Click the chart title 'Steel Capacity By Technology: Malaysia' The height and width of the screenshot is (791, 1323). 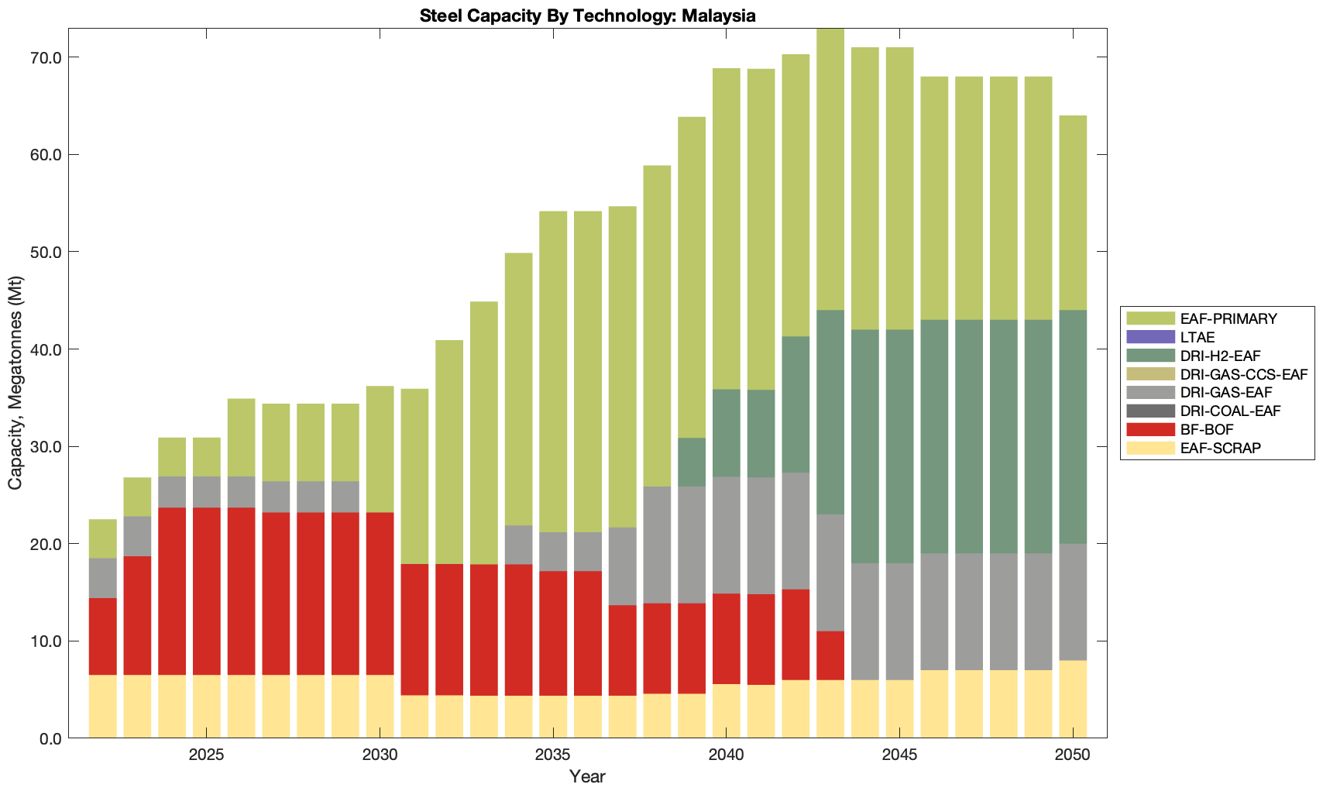point(587,15)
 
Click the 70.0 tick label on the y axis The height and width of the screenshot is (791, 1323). point(46,58)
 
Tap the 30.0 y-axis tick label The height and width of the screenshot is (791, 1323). point(46,447)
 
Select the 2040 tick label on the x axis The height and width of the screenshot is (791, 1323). point(726,755)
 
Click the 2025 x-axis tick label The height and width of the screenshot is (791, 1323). point(206,755)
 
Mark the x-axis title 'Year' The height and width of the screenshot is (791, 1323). point(587,776)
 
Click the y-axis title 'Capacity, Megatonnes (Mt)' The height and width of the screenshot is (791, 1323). point(15,383)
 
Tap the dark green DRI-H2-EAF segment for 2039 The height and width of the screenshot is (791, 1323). point(692,462)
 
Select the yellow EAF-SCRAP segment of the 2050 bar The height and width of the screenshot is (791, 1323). point(1073,699)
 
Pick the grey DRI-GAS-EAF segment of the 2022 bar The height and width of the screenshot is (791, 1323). point(102,578)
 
